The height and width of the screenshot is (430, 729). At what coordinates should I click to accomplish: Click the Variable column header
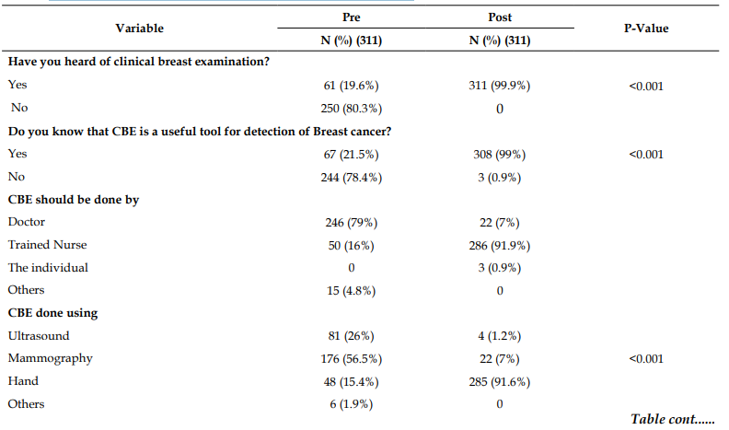pos(140,29)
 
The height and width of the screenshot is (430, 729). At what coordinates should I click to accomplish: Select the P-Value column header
pos(646,29)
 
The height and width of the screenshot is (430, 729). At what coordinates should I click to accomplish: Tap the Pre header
pos(351,17)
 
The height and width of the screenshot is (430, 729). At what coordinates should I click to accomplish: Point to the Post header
pos(500,17)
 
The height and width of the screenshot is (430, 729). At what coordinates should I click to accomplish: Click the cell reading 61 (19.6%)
pos(351,86)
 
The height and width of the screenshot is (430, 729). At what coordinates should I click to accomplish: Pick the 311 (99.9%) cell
pos(500,86)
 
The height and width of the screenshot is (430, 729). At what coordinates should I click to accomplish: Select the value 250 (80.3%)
pos(351,109)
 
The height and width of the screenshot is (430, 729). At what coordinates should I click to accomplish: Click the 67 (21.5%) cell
pos(351,155)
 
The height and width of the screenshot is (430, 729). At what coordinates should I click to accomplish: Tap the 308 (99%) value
pos(500,155)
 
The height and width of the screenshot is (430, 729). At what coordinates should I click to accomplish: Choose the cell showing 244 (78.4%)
pos(351,177)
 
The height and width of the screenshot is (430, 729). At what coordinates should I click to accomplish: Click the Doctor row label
pos(27,222)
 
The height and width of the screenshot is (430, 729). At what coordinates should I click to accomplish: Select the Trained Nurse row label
pos(48,245)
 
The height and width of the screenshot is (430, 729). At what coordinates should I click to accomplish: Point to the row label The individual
pos(48,268)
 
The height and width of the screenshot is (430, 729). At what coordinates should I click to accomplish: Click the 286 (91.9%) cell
pos(500,246)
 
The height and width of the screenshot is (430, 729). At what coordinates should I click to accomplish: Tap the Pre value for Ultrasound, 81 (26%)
pos(351,336)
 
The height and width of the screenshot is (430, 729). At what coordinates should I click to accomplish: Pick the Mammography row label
pos(51,358)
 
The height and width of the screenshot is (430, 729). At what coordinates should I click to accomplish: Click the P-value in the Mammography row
pos(646,359)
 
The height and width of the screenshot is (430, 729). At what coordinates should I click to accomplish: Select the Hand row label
pos(23,381)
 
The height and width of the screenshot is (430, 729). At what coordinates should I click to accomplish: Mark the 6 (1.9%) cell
pos(351,404)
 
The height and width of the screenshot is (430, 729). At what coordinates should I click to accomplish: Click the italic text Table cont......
pos(672,419)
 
